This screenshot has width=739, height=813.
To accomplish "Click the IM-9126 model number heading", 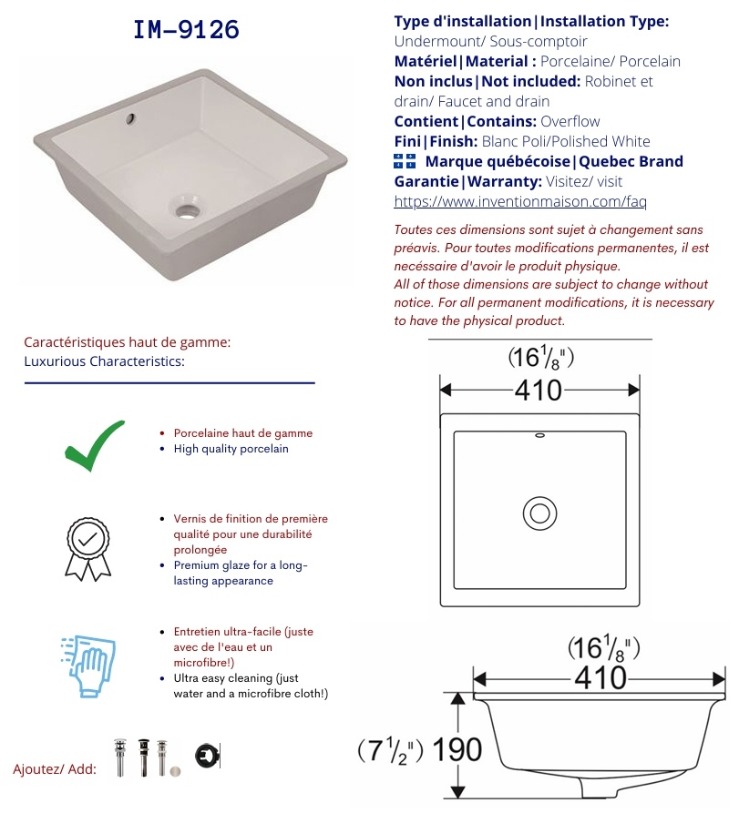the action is [x=186, y=29].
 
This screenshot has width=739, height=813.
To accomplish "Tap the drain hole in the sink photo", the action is [x=187, y=210].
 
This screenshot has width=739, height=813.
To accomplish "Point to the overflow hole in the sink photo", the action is [x=130, y=118].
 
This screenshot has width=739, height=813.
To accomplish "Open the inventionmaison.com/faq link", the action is [x=520, y=201].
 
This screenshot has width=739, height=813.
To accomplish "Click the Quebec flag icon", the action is [x=405, y=161].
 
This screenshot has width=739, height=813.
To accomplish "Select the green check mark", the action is [x=95, y=445].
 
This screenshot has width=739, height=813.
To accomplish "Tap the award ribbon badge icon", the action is [x=87, y=549].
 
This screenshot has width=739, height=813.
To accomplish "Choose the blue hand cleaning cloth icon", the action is [x=87, y=666].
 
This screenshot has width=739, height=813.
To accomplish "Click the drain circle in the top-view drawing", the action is [x=539, y=513].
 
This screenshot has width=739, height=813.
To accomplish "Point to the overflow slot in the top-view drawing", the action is [x=539, y=435].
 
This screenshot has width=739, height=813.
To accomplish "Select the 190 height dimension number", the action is [x=457, y=750].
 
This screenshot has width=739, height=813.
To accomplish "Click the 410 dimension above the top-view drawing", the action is [x=539, y=390].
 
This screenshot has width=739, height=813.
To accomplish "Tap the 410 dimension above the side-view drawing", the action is [x=600, y=678].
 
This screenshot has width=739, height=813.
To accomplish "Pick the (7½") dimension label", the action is [x=390, y=750].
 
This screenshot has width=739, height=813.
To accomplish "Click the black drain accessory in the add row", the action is [x=144, y=757].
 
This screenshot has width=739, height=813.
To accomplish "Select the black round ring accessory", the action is [x=208, y=756].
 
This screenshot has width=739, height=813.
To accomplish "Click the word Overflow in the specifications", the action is [x=570, y=121].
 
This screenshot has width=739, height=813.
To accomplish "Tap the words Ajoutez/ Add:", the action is [x=55, y=769].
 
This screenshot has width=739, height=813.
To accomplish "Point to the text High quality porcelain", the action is [x=231, y=449].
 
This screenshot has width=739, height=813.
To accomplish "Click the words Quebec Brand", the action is [x=631, y=161].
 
